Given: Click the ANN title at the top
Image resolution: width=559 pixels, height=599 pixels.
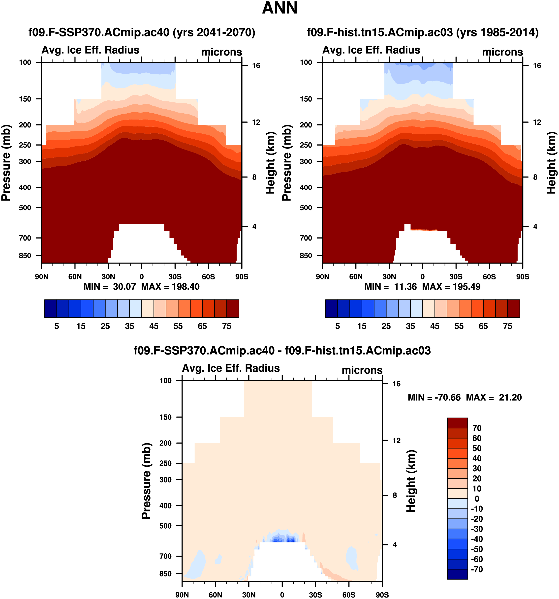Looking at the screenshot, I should coord(280,8).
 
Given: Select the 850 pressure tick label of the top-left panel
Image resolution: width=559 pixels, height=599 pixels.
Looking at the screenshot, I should coord(25,256).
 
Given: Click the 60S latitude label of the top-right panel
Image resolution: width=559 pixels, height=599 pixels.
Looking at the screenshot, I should coord(489,277).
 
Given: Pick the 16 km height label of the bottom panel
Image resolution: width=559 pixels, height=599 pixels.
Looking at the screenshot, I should coord(397,384).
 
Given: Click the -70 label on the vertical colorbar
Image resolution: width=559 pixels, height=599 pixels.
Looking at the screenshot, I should coord(477,569).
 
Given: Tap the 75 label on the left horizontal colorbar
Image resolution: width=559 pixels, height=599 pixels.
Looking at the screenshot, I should coord(227,326).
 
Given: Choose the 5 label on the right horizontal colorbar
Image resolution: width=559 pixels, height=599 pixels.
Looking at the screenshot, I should coord(338,326).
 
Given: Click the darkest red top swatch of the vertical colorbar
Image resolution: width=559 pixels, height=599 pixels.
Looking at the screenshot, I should coord(457,423).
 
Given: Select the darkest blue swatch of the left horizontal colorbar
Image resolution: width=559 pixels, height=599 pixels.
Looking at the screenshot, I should coord(50,308).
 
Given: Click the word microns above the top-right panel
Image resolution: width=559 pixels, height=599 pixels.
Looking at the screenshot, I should coord(502,52).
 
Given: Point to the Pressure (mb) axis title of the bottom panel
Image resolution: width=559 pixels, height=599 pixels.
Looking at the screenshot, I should coord(146,481).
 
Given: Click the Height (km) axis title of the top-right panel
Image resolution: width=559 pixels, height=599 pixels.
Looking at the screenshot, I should coord(551,163).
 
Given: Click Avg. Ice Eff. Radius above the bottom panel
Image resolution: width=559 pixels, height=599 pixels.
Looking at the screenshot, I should coord(231,368).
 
